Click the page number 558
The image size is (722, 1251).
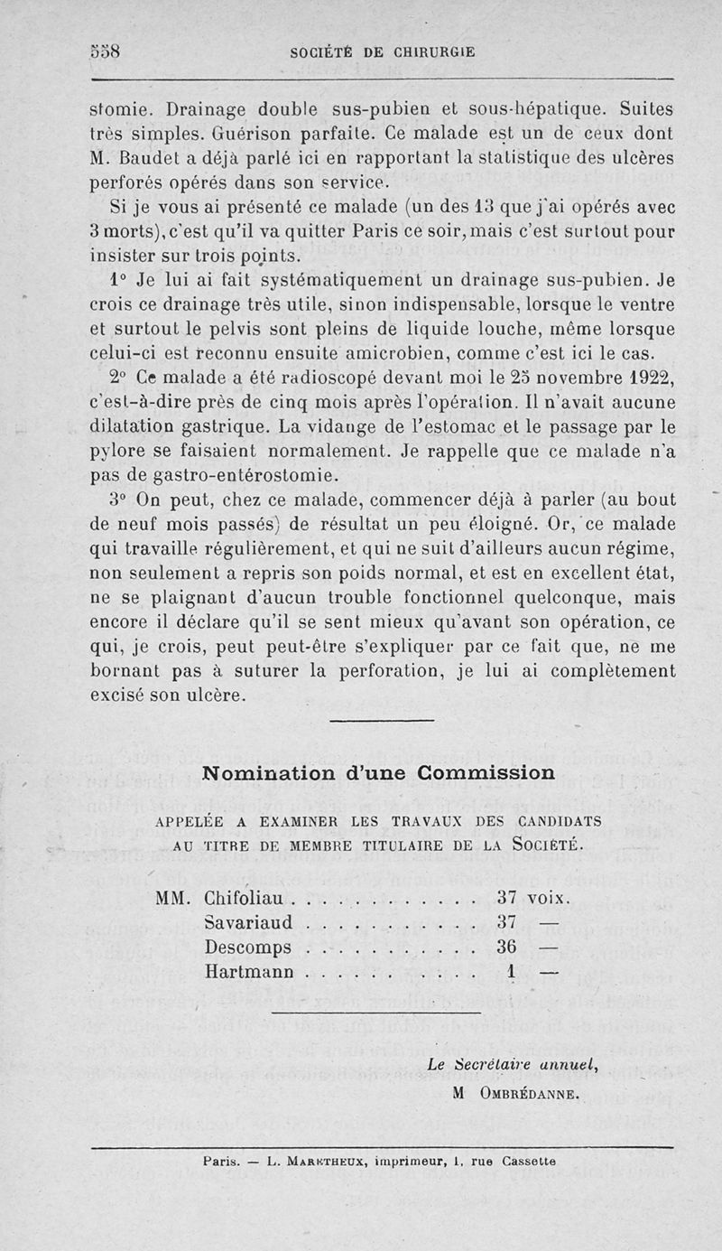(106, 51)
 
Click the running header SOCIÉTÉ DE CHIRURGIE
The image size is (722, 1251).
(383, 52)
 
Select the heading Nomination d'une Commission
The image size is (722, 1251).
(378, 773)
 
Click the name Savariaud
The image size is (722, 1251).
(248, 923)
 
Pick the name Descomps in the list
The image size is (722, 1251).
(248, 948)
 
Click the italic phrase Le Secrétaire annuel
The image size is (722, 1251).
(514, 1065)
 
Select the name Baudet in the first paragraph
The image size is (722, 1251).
(153, 157)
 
